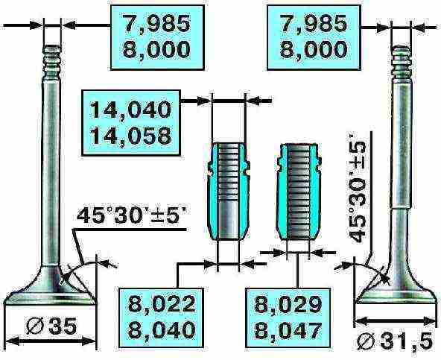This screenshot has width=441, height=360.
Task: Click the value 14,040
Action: (x=131, y=110)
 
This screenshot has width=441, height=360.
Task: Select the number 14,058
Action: (x=131, y=136)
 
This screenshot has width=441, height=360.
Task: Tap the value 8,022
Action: (x=162, y=304)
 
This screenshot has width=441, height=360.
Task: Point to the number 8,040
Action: (x=162, y=330)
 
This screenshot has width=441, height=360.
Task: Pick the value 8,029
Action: (x=288, y=304)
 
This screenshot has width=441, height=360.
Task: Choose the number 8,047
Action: (x=288, y=330)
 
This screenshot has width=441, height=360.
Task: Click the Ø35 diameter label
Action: (x=51, y=326)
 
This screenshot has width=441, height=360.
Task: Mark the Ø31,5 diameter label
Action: (x=395, y=341)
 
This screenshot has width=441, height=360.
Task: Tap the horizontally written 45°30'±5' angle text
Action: (x=131, y=215)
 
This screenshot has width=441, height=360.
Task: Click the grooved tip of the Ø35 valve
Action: (x=51, y=62)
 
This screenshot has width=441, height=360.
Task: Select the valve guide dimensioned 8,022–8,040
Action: (x=228, y=191)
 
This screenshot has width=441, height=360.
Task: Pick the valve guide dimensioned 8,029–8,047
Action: (x=298, y=192)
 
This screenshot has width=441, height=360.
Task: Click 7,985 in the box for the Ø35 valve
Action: (x=157, y=24)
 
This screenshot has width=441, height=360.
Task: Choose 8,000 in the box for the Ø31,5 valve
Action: (x=314, y=49)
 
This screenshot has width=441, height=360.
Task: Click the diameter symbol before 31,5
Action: (x=367, y=342)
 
